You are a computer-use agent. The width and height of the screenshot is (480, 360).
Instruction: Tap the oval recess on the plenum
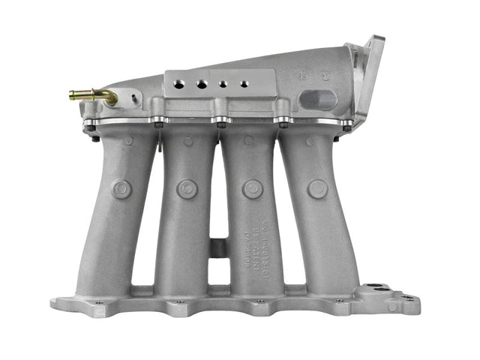(x=318, y=99)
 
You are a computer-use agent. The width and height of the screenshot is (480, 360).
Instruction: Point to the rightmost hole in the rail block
(x=241, y=85)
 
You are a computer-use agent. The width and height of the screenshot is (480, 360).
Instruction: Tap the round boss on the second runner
(x=187, y=189)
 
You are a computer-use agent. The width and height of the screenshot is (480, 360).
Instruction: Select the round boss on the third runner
(x=253, y=189)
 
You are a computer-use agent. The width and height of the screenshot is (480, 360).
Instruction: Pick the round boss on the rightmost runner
(x=317, y=189)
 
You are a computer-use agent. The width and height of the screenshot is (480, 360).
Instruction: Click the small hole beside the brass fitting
(x=133, y=97)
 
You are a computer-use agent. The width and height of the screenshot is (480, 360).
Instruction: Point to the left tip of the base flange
(x=54, y=304)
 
